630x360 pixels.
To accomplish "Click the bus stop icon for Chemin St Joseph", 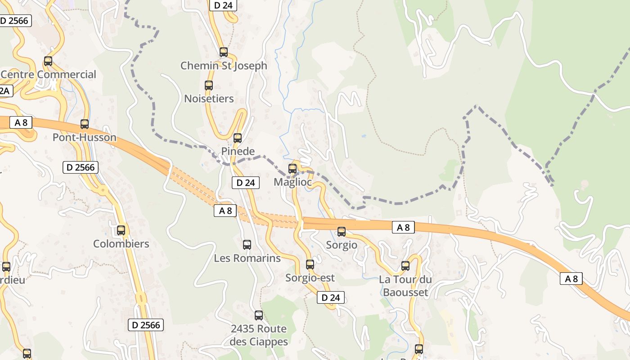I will pos(224,52).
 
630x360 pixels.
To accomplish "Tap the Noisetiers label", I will pos(209,99).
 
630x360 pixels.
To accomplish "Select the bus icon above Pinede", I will pos(238,138).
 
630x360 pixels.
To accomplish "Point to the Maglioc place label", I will pos(292,182).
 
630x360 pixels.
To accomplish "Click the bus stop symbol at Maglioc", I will pos(292,169).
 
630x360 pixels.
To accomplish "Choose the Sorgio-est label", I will pos(310,278).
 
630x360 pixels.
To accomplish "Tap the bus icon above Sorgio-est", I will pos(310,265).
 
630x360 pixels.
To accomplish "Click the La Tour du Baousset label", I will pos(405,286).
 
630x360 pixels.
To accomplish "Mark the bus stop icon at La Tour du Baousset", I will pos(405,266).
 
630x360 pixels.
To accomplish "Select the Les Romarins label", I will pos(247,258).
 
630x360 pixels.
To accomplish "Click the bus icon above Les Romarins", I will pos(247,245).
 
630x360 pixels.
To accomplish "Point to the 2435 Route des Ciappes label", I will pos(258,335).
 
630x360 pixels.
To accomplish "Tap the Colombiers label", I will pos(121,244).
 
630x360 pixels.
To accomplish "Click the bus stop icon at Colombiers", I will pos(121,230).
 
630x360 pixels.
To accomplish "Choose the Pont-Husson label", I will pos(85,138).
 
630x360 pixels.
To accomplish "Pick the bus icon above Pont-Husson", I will pos(85,124).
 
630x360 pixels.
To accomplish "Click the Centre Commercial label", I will pos(49,75).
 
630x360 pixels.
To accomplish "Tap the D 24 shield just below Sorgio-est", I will pos(331,297).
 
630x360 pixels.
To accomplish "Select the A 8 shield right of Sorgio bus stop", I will pos(403,227).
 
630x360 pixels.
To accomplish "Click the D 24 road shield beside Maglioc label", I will pos(245,183).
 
